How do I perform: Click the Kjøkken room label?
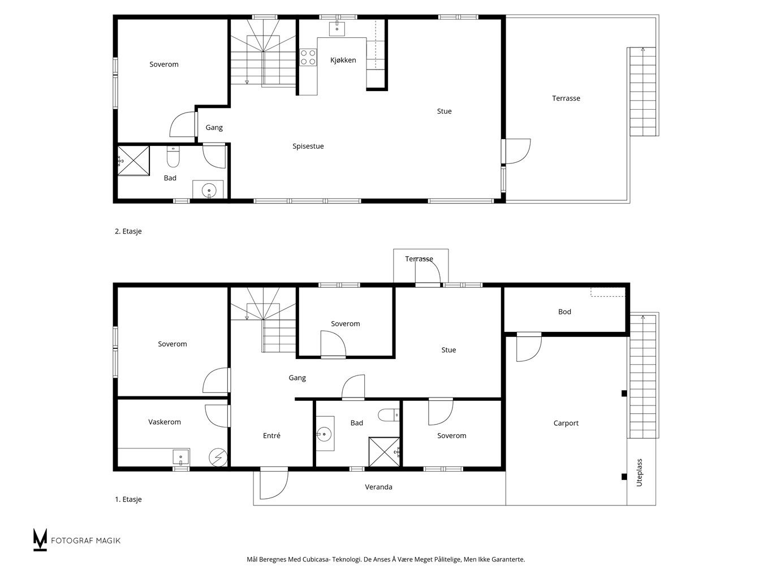click(x=343, y=60)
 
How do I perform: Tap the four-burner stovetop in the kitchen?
click(x=308, y=57)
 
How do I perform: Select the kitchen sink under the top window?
click(x=337, y=29)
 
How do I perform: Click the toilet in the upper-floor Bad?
click(x=173, y=157)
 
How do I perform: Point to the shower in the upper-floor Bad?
click(x=133, y=161)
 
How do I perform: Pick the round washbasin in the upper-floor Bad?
click(x=209, y=190)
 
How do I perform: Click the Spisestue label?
click(x=308, y=146)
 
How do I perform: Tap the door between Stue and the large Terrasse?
click(x=516, y=152)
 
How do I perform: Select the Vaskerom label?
click(x=165, y=422)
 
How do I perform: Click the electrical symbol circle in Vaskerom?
click(x=218, y=457)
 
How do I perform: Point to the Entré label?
click(x=271, y=435)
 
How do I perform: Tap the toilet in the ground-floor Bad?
click(x=389, y=415)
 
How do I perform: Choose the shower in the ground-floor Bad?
click(x=384, y=452)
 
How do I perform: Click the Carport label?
click(x=566, y=424)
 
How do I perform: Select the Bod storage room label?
click(x=564, y=312)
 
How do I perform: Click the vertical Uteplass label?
click(x=640, y=473)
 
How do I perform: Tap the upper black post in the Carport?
click(x=624, y=394)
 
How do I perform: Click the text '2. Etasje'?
click(x=128, y=231)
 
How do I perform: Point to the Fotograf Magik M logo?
click(x=40, y=539)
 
